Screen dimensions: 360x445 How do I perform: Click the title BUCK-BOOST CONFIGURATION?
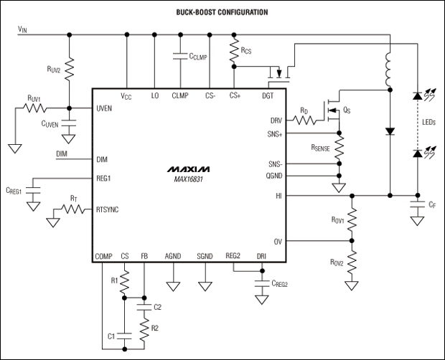222,12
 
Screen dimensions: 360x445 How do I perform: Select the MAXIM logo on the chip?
187,169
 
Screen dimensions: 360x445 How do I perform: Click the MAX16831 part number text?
187,179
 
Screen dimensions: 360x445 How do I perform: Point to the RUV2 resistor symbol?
70,70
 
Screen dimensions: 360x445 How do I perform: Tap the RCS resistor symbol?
233,49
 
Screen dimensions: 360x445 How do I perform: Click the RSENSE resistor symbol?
339,148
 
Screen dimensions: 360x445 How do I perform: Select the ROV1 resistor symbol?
351,218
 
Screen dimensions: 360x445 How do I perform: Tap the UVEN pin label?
106,108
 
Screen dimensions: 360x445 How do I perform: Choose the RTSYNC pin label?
110,211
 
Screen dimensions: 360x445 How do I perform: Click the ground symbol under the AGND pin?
173,285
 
